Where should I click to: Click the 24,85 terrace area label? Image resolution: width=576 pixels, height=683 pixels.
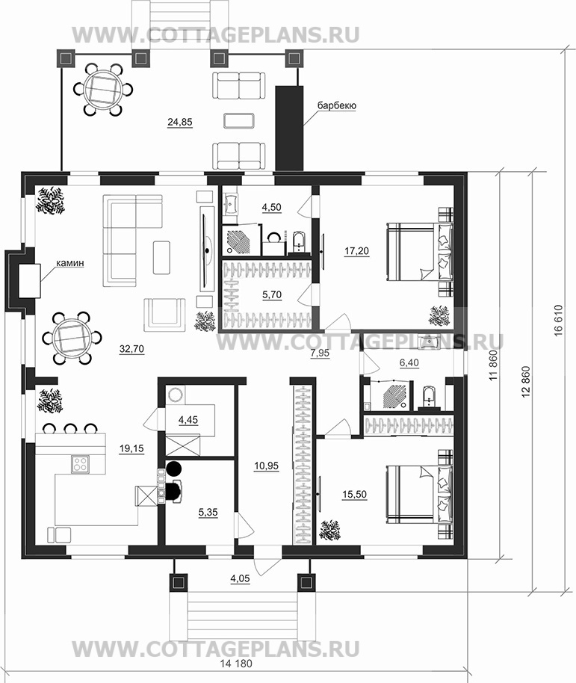[x=180, y=123]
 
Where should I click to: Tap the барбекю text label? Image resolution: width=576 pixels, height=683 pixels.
[x=336, y=105]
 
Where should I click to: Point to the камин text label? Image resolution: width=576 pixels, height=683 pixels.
[x=69, y=263]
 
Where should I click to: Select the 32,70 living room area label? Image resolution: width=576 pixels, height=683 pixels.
[x=131, y=349]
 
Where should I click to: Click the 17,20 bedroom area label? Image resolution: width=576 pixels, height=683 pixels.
[x=356, y=251]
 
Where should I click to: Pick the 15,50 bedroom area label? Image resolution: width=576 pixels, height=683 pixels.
[x=354, y=495]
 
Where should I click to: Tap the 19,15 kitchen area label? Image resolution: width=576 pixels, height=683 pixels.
[x=131, y=448]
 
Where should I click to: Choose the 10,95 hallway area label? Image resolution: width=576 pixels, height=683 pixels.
[x=266, y=466]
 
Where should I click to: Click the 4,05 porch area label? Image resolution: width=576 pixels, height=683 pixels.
[x=240, y=578]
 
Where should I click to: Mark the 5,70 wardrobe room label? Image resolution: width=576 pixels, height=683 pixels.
[x=272, y=295]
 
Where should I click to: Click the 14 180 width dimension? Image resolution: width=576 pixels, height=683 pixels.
[x=236, y=664]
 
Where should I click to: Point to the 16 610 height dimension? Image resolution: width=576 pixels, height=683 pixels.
[x=559, y=320]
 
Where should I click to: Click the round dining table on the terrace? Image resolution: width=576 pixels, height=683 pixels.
[x=102, y=90]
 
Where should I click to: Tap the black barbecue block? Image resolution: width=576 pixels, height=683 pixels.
[x=290, y=128]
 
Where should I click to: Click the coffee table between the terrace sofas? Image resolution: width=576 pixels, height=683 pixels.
[x=238, y=120]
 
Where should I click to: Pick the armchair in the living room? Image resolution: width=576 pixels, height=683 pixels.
[x=164, y=315]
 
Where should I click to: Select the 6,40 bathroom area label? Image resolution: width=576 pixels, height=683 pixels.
[x=409, y=363]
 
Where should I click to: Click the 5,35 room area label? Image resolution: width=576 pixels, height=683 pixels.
[x=208, y=513]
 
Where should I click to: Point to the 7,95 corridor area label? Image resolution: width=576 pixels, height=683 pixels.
[x=320, y=353]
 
